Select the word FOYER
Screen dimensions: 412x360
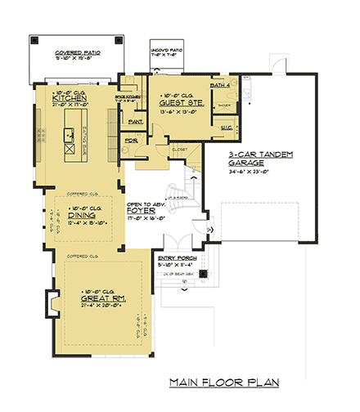138,210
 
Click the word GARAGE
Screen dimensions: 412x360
247,163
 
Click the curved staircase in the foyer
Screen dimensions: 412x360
180,194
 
